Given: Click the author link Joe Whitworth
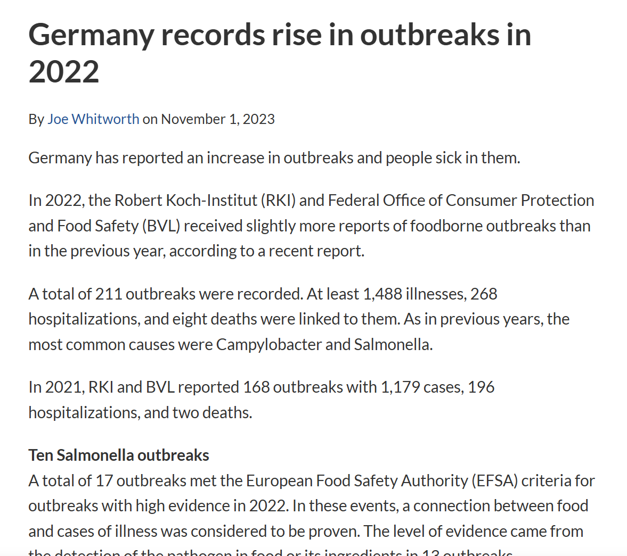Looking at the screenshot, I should tap(93, 119).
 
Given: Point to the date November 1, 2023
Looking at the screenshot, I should tap(218, 119).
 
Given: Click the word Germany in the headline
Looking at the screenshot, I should tap(91, 35).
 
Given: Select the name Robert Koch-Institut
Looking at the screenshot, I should tap(186, 201).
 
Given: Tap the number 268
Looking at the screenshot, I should tap(484, 294).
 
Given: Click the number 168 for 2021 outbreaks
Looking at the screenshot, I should tap(256, 387).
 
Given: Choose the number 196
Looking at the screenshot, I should tap(481, 387).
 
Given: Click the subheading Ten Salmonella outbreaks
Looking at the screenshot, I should tap(119, 455).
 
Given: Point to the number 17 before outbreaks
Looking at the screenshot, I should tap(104, 481).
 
